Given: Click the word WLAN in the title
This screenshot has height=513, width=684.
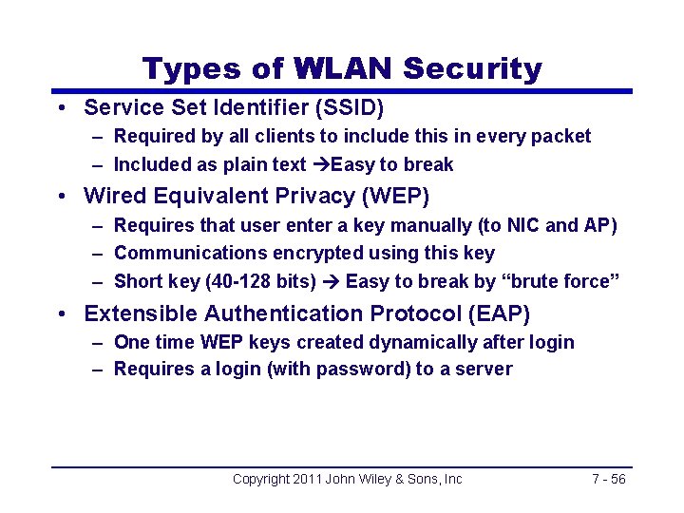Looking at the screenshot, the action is pyautogui.click(x=344, y=68).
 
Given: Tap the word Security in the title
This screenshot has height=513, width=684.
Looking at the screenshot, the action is pyautogui.click(x=472, y=68).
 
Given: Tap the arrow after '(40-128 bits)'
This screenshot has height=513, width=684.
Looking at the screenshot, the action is pyautogui.click(x=330, y=281).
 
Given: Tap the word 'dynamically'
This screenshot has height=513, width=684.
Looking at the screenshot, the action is pyautogui.click(x=427, y=342).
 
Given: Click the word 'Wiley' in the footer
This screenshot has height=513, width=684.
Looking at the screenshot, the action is pyautogui.click(x=376, y=479).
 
